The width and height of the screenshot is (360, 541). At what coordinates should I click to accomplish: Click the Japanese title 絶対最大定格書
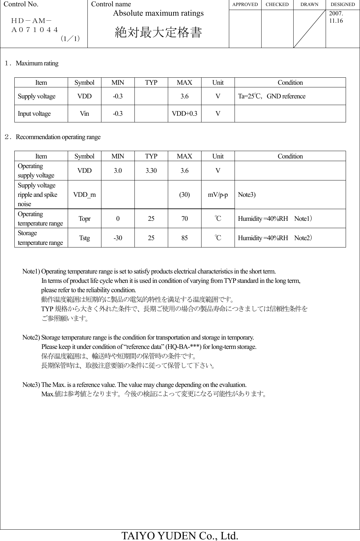(x=158, y=33)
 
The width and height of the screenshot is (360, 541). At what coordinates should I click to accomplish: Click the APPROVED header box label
(x=245, y=5)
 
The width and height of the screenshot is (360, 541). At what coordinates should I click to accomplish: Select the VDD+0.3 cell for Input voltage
(x=185, y=113)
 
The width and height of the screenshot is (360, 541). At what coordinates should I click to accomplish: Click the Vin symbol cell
(x=84, y=113)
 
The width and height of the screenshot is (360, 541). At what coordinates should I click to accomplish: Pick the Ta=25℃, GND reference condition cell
(x=272, y=96)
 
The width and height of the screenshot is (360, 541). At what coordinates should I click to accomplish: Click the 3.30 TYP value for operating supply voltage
(x=151, y=171)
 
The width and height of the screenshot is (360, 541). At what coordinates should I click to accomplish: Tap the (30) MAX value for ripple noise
(x=185, y=195)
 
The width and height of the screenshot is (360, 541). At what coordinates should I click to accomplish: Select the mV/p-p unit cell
(x=218, y=195)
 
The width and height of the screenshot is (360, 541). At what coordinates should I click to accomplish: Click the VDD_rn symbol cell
(x=84, y=195)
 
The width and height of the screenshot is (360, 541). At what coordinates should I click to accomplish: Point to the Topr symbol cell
(x=84, y=219)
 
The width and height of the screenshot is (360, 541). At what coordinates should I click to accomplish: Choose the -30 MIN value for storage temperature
(x=118, y=238)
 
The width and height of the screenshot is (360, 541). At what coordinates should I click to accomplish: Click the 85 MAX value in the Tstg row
(x=185, y=238)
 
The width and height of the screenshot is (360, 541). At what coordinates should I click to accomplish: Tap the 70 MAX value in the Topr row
(x=185, y=219)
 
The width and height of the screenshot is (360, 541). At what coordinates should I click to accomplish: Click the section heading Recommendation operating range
(x=58, y=137)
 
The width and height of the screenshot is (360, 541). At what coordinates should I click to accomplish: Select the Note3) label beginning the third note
(x=31, y=385)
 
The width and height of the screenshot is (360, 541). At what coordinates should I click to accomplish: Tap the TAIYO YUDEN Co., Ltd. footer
(x=180, y=535)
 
